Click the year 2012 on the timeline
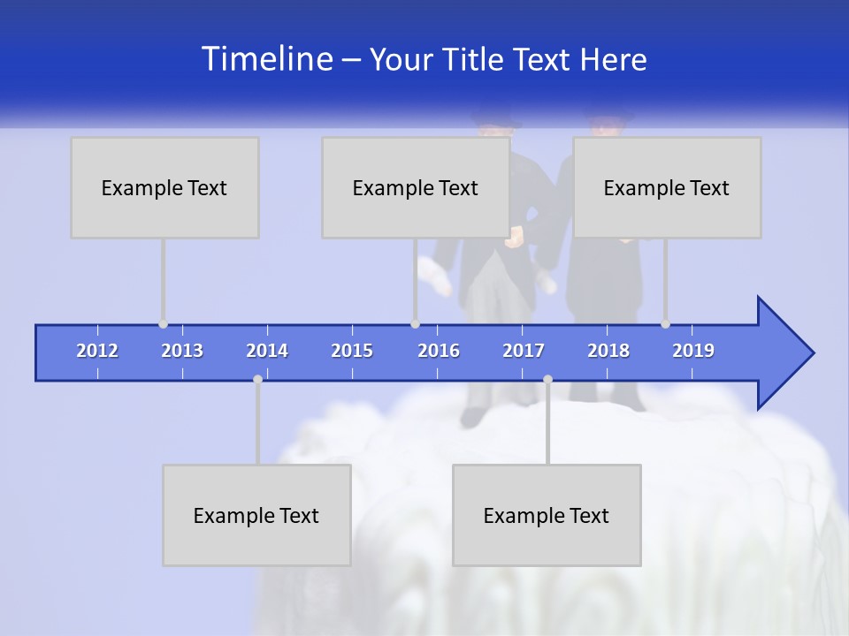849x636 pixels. (97, 351)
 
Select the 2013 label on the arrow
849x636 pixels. (182, 351)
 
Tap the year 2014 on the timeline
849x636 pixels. (267, 351)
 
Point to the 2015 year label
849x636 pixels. (352, 351)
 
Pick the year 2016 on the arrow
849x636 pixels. (439, 351)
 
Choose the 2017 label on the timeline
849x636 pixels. (524, 351)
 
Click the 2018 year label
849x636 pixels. (608, 351)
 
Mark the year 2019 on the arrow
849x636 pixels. (693, 351)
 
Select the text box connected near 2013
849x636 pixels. (164, 187)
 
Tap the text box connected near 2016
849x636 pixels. (416, 187)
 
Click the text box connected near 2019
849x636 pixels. (667, 187)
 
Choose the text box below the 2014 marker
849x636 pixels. (256, 515)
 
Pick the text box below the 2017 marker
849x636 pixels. (547, 515)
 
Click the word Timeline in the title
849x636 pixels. (266, 59)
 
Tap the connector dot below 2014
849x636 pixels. (257, 379)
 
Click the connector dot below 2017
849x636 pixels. (547, 379)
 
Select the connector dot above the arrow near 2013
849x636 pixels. (164, 324)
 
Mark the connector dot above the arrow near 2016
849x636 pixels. (415, 324)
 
